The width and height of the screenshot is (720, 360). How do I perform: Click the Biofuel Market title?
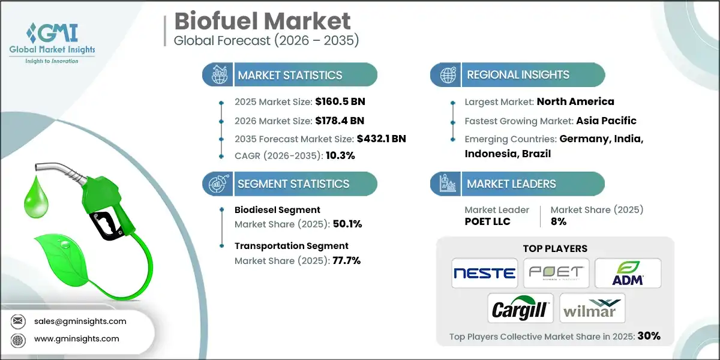pos(262,21)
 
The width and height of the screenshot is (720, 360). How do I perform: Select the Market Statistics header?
pos(290,75)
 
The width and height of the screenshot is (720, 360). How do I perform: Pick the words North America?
pos(575,101)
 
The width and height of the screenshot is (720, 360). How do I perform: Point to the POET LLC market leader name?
pos(488,221)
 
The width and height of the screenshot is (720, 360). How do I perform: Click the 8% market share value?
pos(559,221)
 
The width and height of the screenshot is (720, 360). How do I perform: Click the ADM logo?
pos(628,273)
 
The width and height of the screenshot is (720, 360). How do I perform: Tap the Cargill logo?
pos(520,308)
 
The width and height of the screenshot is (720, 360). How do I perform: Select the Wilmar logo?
pos(592,308)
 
